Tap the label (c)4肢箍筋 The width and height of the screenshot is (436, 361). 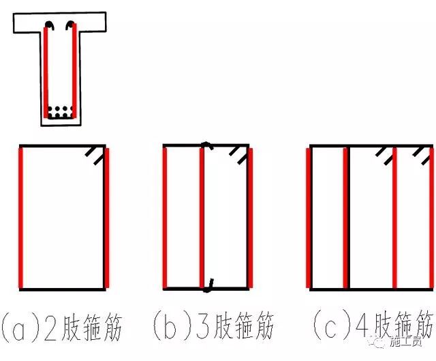(x=371, y=326)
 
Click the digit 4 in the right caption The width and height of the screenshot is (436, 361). (x=349, y=326)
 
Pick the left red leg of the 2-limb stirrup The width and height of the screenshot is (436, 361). (x=22, y=217)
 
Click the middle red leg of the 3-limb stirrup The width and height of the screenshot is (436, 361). (x=202, y=217)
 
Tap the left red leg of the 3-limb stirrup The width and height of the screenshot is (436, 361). (x=165, y=217)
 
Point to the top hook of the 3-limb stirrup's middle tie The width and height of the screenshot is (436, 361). (x=206, y=145)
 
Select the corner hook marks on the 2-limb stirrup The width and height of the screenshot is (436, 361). (x=95, y=158)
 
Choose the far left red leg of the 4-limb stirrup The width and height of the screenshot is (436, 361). (x=311, y=217)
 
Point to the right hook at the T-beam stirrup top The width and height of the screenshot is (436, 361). (x=69, y=27)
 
